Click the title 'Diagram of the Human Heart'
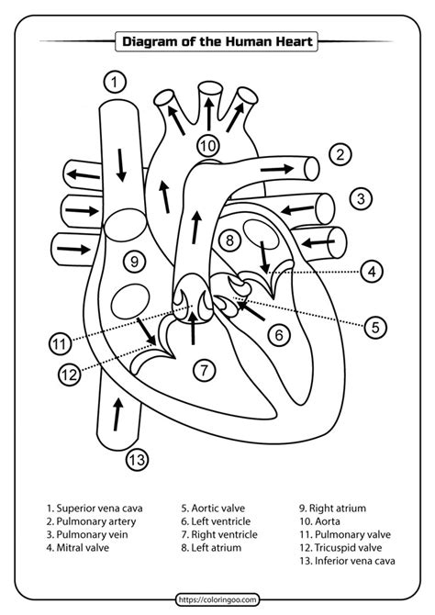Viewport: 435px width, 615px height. point(217,40)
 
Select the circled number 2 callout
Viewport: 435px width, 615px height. point(340,154)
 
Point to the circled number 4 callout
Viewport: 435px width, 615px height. point(371,272)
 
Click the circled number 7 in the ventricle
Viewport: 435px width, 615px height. point(204,371)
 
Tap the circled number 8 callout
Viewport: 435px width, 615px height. point(230,240)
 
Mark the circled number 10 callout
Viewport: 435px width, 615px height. point(208,146)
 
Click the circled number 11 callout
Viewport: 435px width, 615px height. point(60,344)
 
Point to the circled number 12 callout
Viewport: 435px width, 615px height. point(69,374)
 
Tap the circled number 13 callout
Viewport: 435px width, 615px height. point(138,460)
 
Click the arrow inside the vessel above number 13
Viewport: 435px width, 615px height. point(116,415)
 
